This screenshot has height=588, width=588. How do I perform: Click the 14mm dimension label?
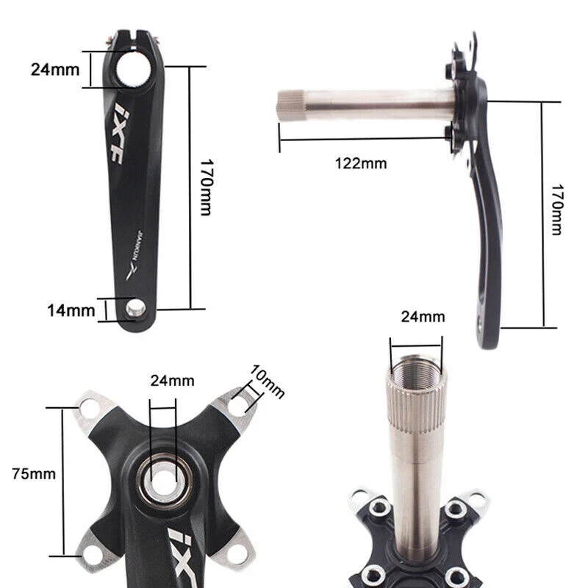point(71,310)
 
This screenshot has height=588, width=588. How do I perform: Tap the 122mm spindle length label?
point(361,163)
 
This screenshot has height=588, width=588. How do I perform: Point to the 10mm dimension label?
point(267,381)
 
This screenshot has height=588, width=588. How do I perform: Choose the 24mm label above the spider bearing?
point(172,381)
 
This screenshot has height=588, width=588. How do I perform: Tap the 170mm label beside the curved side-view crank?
point(558,209)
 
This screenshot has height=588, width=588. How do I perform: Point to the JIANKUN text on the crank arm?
point(135,243)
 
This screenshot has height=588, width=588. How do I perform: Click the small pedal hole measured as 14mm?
point(135,309)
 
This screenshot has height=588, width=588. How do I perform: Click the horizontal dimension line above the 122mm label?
point(360,138)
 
